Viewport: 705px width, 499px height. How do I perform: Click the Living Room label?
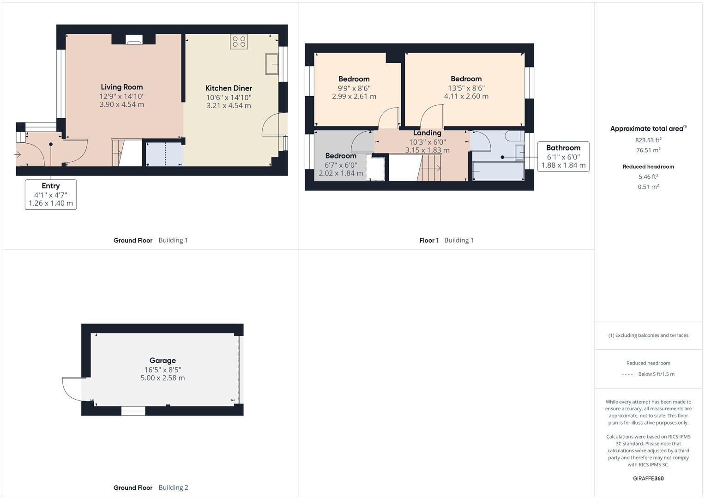pyautogui.click(x=122, y=87)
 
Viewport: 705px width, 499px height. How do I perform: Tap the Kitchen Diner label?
pyautogui.click(x=229, y=88)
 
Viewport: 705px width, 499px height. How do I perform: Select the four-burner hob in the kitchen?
pyautogui.click(x=239, y=42)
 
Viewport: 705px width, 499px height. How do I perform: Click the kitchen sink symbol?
pyautogui.click(x=271, y=64)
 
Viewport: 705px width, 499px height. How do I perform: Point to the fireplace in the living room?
pyautogui.click(x=134, y=39)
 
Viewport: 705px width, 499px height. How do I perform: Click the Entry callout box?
pyautogui.click(x=51, y=195)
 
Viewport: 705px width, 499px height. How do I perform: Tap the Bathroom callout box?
pyautogui.click(x=563, y=157)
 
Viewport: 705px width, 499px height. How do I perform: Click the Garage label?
pyautogui.click(x=163, y=360)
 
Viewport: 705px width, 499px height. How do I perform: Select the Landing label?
pyautogui.click(x=428, y=133)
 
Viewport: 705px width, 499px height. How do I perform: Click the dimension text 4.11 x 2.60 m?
pyautogui.click(x=466, y=97)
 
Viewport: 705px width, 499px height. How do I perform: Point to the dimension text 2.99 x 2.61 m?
pyautogui.click(x=354, y=97)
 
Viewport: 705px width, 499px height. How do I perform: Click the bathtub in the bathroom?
pyautogui.click(x=499, y=171)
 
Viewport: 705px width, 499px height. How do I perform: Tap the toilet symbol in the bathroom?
pyautogui.click(x=515, y=136)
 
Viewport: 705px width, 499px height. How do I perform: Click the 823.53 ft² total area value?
pyautogui.click(x=648, y=140)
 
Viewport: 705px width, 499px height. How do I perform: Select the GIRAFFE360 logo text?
pyautogui.click(x=648, y=479)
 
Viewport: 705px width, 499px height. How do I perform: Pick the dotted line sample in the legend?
pyautogui.click(x=628, y=374)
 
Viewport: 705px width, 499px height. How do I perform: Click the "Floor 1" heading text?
pyautogui.click(x=429, y=241)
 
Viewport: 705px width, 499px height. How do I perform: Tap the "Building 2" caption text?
pyautogui.click(x=174, y=487)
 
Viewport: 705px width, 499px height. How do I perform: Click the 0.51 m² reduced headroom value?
pyautogui.click(x=648, y=187)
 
